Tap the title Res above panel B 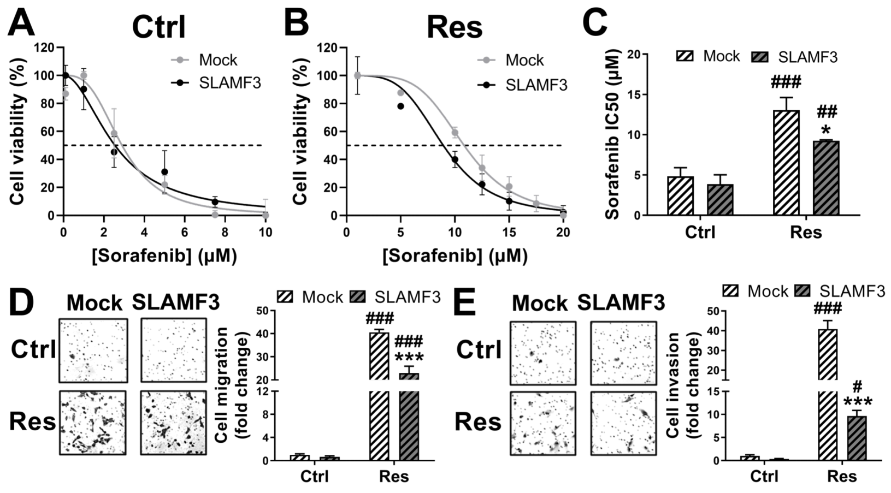[454, 26]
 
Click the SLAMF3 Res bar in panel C [825, 178]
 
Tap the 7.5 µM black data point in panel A [215, 202]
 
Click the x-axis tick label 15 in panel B [509, 232]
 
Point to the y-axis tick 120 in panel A [44, 47]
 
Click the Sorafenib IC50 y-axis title [613, 135]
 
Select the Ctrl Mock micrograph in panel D [93, 351]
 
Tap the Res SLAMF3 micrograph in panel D [173, 423]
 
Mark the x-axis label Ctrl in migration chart [314, 477]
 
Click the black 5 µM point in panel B [400, 106]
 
